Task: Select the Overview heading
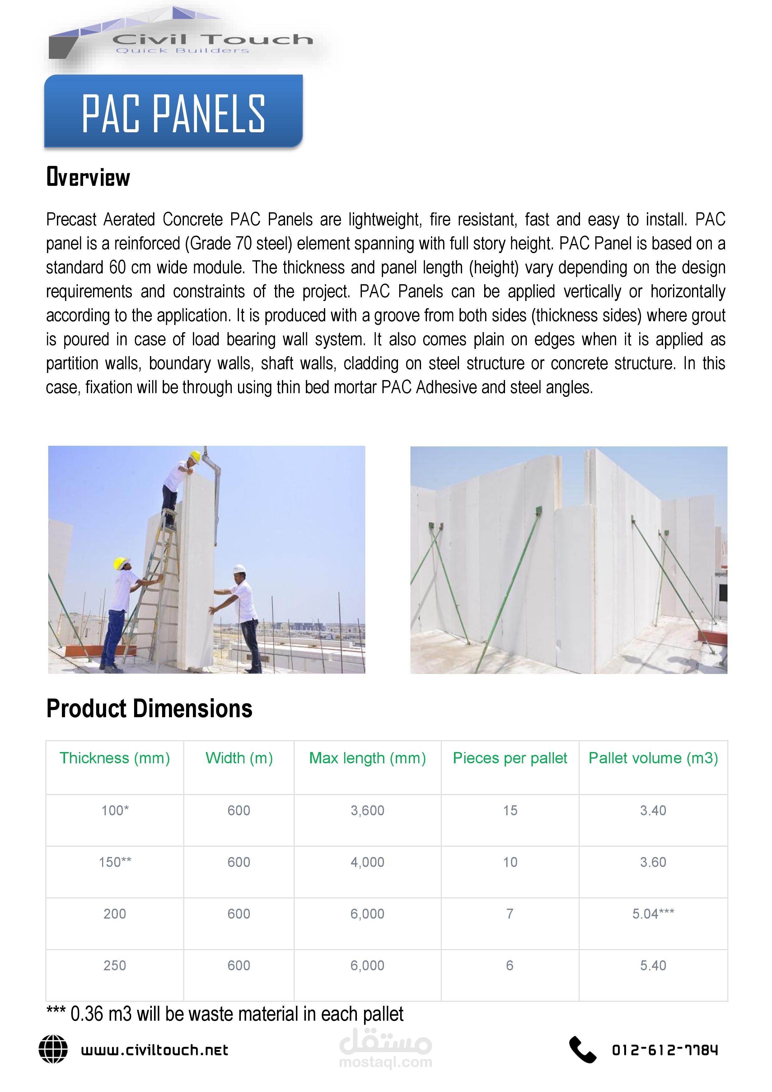click(x=88, y=177)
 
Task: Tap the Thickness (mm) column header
click(x=115, y=758)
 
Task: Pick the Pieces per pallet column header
click(x=510, y=758)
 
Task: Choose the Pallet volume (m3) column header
click(x=653, y=758)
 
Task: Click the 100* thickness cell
click(x=115, y=810)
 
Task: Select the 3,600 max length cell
click(x=367, y=810)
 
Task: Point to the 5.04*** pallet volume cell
click(x=653, y=914)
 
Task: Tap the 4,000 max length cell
click(x=367, y=862)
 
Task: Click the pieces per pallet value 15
click(x=510, y=810)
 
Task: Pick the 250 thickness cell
click(x=115, y=966)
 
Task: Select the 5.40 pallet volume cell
click(x=653, y=966)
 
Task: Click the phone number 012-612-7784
click(x=665, y=1050)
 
